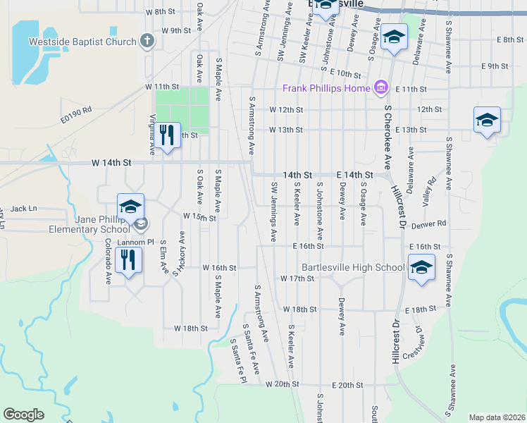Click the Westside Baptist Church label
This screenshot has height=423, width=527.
click(82, 42)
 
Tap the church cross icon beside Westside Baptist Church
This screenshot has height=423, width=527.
click(147, 41)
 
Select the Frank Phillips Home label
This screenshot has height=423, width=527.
click(327, 88)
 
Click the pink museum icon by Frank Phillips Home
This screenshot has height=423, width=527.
click(381, 87)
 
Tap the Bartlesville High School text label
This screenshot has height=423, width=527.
click(353, 267)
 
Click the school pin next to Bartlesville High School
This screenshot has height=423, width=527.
click(421, 268)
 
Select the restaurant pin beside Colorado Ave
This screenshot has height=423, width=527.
click(128, 259)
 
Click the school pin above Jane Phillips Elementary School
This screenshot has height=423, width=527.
click(130, 207)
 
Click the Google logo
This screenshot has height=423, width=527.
click(23, 415)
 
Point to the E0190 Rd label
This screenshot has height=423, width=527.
click(76, 115)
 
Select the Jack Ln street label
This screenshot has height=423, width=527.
click(23, 209)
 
